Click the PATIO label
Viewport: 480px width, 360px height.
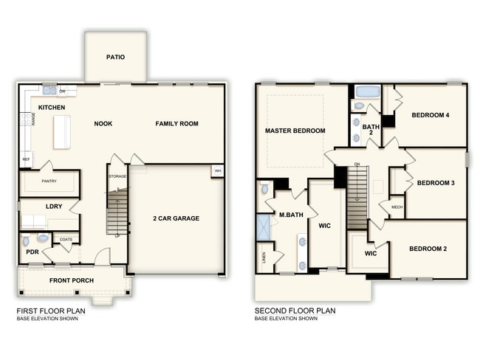pyautogui.click(x=115, y=57)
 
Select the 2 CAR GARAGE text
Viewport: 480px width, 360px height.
pyautogui.click(x=176, y=218)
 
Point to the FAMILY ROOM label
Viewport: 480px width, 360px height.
pyautogui.click(x=176, y=124)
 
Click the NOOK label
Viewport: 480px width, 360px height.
pyautogui.click(x=103, y=124)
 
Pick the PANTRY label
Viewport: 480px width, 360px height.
pyautogui.click(x=49, y=181)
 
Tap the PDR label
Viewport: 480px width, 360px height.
pyautogui.click(x=32, y=252)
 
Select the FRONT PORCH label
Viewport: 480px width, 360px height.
pyautogui.click(x=71, y=281)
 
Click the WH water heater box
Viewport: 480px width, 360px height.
pyautogui.click(x=217, y=171)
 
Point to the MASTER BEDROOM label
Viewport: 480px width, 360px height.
pyautogui.click(x=295, y=131)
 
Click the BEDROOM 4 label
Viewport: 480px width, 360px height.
pyautogui.click(x=430, y=115)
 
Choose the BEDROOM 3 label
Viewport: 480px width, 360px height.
pyautogui.click(x=435, y=183)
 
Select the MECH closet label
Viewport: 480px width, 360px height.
pyautogui.click(x=397, y=207)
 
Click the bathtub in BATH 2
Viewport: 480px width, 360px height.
pyautogui.click(x=367, y=92)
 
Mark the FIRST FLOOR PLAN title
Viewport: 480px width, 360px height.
pyautogui.click(x=51, y=311)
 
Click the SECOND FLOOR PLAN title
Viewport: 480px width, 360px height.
pyautogui.click(x=295, y=311)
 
